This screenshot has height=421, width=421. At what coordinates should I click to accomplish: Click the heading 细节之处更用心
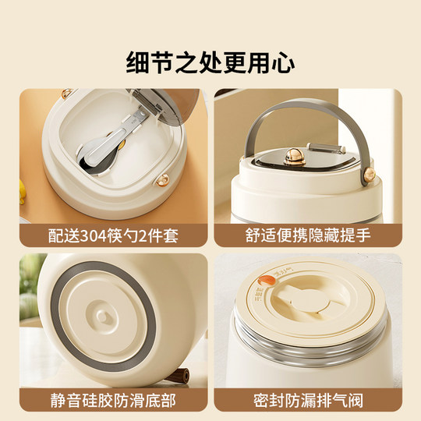(x=210, y=61)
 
